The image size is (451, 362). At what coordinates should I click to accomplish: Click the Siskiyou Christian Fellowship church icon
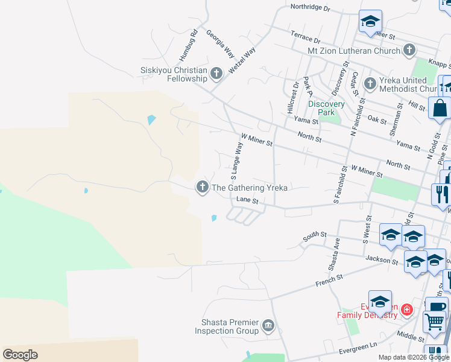coord(216,74)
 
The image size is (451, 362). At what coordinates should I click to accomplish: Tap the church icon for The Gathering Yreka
coord(203,188)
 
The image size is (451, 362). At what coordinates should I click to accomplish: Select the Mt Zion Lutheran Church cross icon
coord(409,50)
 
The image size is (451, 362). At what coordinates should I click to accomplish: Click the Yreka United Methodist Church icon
coord(370,83)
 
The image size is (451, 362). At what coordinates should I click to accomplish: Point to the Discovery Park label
coord(326,108)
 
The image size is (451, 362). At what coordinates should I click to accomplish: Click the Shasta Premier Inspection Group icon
coord(269,326)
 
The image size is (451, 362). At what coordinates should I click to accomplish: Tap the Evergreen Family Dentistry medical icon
coord(408,310)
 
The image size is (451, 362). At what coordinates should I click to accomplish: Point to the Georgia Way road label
coord(221,44)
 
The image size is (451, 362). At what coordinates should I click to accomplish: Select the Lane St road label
coord(247,200)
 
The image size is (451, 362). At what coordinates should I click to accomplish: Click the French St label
coord(329,279)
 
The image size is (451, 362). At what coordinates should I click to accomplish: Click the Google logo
coord(20,355)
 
